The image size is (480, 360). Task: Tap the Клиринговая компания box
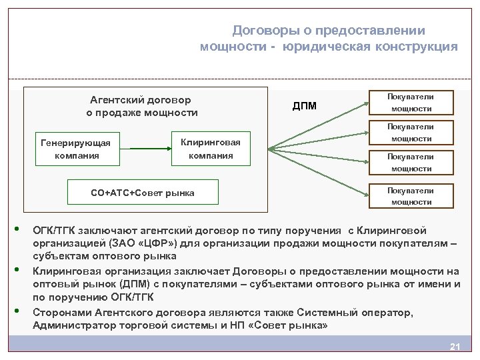click(211, 149)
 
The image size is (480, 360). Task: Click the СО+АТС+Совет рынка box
click(143, 193)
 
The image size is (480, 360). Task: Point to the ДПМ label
click(305, 106)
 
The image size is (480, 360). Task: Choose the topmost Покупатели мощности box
click(411, 102)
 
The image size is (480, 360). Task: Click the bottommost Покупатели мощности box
click(411, 196)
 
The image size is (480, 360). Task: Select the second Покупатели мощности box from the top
click(411, 133)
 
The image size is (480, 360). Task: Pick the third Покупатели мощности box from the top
click(411, 163)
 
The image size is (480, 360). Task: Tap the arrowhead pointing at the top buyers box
click(367, 103)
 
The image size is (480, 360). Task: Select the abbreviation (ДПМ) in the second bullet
click(118, 283)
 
